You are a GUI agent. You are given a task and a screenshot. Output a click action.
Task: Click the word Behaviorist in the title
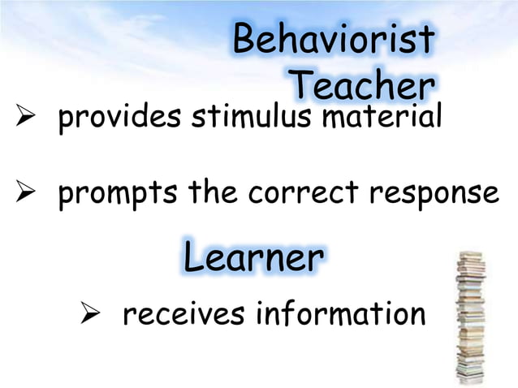pos(333,41)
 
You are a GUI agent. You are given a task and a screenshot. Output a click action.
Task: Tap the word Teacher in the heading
pos(361,84)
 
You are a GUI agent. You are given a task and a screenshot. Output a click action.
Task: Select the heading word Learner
pos(253,258)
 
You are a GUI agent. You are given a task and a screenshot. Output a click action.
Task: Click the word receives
pos(184,313)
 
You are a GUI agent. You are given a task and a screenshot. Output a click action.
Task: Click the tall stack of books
pos(470,317)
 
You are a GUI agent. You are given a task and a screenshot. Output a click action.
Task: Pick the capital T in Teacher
pos(302,84)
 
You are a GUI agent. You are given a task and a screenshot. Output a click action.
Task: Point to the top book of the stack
pos(470,255)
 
